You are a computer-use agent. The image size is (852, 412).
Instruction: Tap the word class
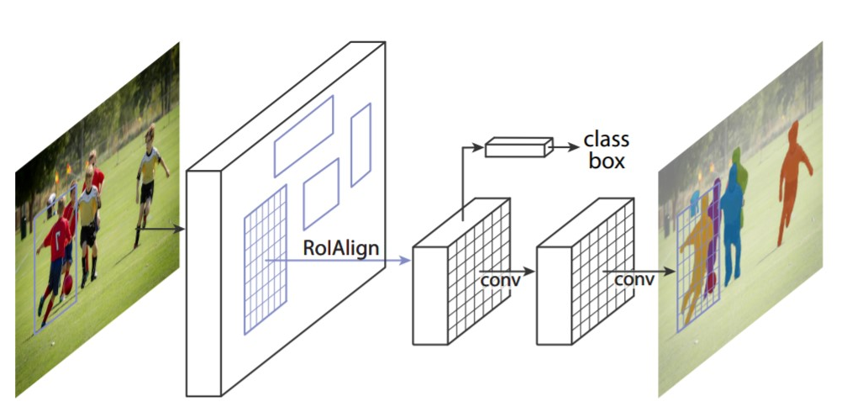pyautogui.click(x=606, y=140)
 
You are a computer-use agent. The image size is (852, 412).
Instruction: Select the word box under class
pyautogui.click(x=606, y=161)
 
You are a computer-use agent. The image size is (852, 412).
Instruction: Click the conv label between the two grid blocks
pyautogui.click(x=500, y=278)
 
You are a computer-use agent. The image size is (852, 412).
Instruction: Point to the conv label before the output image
pyautogui.click(x=634, y=278)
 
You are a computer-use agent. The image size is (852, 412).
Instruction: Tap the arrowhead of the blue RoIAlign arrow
pyautogui.click(x=405, y=261)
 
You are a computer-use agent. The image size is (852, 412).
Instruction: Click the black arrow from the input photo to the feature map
pyautogui.click(x=160, y=227)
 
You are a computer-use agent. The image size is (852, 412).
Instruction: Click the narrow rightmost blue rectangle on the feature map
pyautogui.click(x=360, y=145)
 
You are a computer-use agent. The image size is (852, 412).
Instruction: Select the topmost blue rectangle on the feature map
pyautogui.click(x=303, y=135)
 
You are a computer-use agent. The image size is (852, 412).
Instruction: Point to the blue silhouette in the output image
pyautogui.click(x=732, y=227)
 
